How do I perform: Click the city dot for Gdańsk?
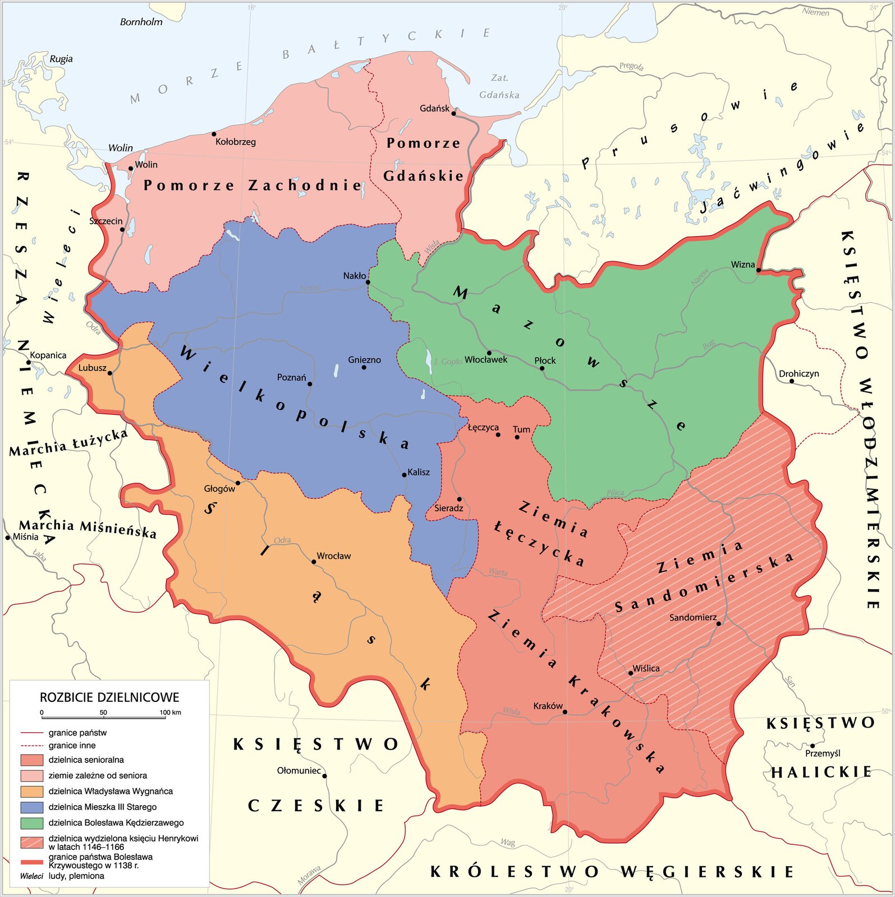(453, 113)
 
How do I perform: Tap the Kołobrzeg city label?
(235, 142)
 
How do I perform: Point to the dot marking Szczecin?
(122, 229)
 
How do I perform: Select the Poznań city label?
(291, 377)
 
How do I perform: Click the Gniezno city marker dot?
(364, 367)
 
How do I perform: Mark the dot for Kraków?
(565, 712)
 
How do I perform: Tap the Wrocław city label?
(333, 556)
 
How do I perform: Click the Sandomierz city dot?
(719, 623)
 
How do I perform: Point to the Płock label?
(544, 360)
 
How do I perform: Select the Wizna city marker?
(758, 270)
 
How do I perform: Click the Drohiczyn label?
(798, 373)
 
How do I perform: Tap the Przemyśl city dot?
(812, 746)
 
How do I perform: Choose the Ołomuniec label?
(299, 770)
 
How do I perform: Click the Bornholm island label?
(141, 22)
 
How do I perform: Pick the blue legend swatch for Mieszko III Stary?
(32, 807)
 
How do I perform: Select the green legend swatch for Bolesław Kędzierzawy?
(32, 823)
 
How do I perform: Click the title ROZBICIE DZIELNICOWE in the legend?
(109, 697)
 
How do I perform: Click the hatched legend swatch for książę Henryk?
(32, 842)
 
